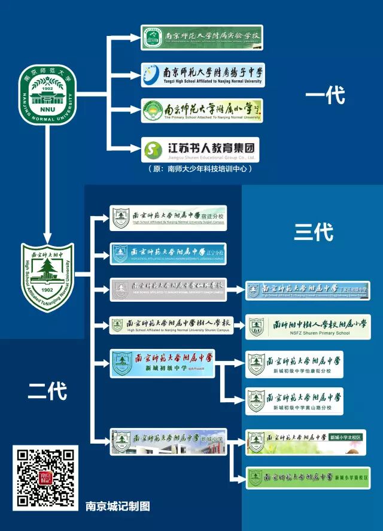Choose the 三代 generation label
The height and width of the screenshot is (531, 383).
[314, 232]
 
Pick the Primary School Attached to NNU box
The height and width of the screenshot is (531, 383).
[202, 111]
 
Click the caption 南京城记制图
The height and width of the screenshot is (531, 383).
[117, 506]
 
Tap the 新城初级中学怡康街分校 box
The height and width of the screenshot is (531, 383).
[294, 364]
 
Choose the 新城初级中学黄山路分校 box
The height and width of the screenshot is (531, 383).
[294, 402]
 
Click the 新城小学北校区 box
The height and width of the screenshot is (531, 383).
[306, 442]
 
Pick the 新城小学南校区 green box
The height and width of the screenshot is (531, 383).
[308, 478]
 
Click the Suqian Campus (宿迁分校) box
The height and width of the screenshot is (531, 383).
[168, 218]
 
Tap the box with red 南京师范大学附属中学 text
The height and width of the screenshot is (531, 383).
[162, 363]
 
